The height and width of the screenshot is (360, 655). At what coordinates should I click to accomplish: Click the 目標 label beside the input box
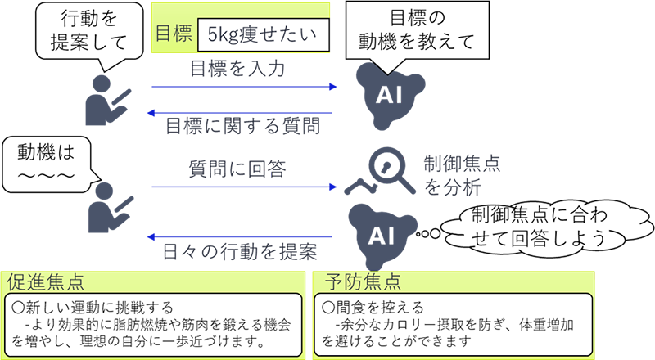click(x=174, y=35)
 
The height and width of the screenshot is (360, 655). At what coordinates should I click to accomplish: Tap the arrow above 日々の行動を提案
click(x=242, y=236)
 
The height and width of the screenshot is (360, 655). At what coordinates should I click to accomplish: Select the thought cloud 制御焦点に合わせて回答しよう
click(x=533, y=227)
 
